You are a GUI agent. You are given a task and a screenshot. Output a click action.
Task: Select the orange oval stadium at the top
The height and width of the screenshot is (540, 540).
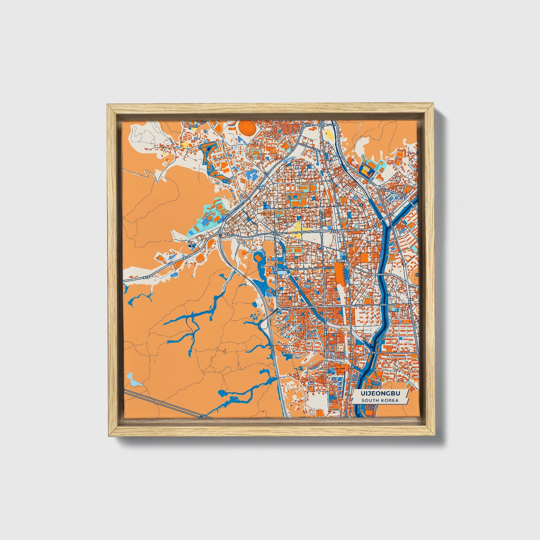click(x=247, y=127)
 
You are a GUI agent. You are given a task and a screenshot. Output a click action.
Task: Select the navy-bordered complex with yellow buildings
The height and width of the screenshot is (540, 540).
click(x=367, y=171)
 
